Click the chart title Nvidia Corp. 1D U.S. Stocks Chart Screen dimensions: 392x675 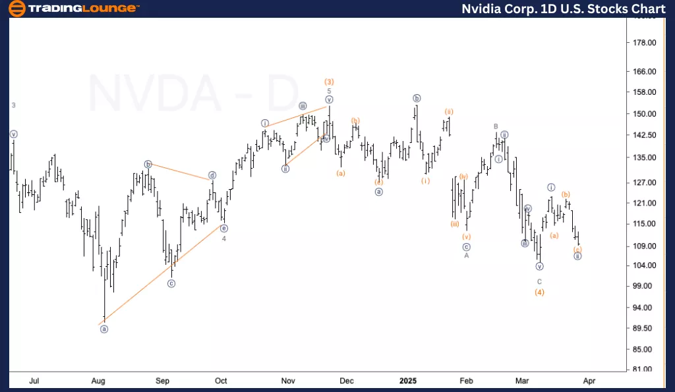pos(562,9)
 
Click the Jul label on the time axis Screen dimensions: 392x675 pos(36,381)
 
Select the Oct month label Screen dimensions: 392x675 pos(221,381)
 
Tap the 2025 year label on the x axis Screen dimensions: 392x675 pos(408,381)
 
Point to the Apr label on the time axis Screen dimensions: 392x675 pos(590,381)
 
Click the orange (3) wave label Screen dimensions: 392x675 pos(329,82)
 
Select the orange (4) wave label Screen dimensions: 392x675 pos(539,292)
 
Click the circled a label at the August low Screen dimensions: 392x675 pos(103,329)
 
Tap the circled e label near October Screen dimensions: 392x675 pos(224,229)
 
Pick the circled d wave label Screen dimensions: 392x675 pos(212,175)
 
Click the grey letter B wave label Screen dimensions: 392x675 pos(496,126)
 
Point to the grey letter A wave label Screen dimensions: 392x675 pos(466,256)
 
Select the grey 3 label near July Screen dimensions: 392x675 pos(13,105)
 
